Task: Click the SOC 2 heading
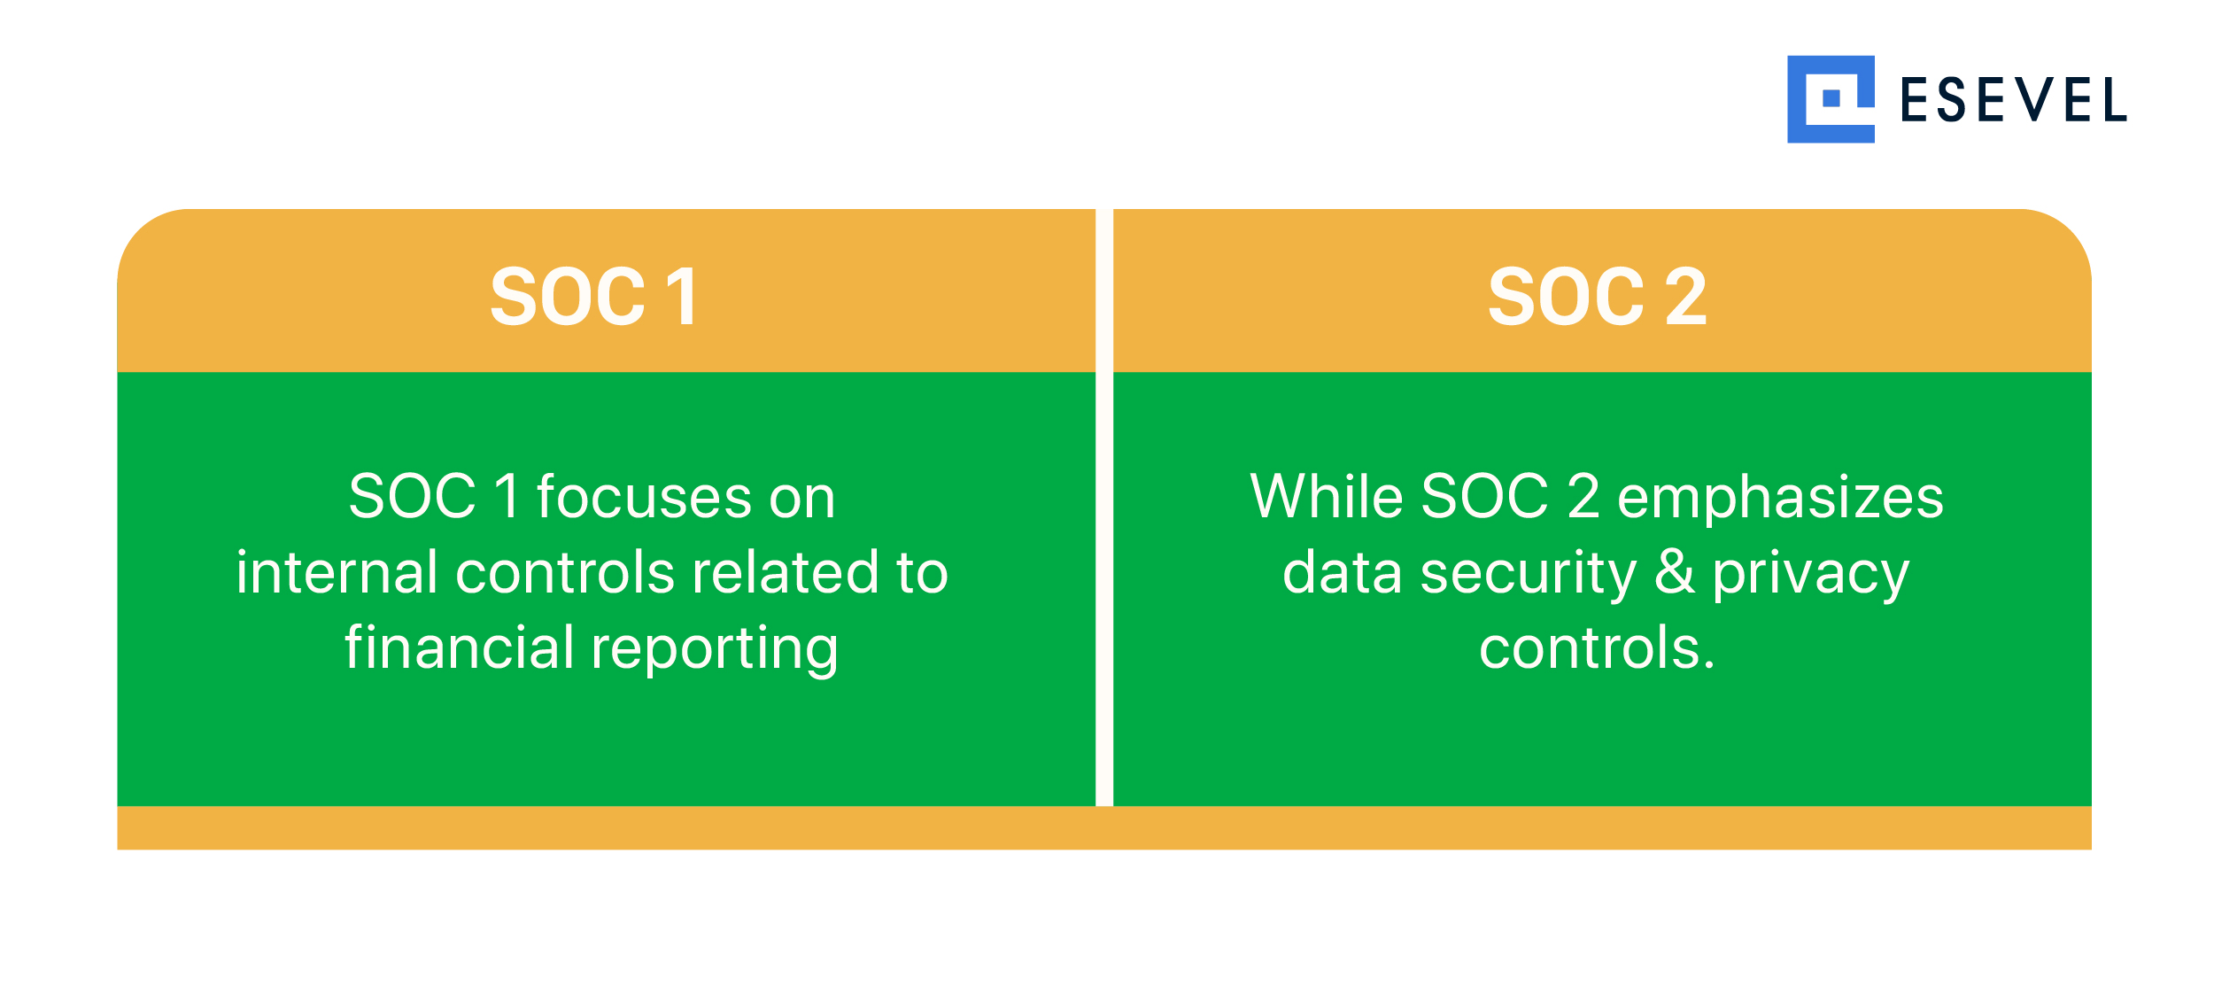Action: (x=1597, y=297)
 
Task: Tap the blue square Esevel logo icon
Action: (x=1831, y=99)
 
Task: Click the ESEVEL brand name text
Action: (x=2013, y=100)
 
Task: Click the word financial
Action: (x=460, y=647)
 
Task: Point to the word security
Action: (x=1529, y=575)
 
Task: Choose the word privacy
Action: (x=1810, y=575)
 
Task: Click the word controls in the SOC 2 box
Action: (x=1591, y=648)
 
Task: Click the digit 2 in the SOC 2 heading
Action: (x=1685, y=297)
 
